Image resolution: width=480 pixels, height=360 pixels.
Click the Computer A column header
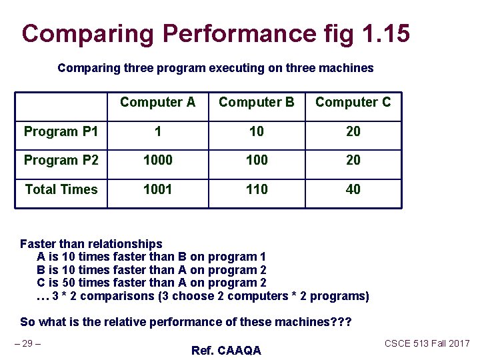click(x=157, y=103)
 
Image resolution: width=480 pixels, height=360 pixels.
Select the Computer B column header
click(x=256, y=103)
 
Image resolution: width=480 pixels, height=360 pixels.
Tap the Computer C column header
click(x=353, y=103)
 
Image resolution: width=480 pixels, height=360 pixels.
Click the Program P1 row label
click(x=61, y=131)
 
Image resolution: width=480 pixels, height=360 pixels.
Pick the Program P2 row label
click(x=61, y=161)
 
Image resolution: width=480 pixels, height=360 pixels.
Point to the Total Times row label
click(x=61, y=190)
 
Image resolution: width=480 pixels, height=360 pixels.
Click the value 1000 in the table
click(x=157, y=161)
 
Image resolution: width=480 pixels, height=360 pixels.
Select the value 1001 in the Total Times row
click(x=157, y=190)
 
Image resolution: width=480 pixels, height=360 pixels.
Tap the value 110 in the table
click(x=256, y=190)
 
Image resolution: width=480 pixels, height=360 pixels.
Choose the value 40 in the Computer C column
click(x=353, y=190)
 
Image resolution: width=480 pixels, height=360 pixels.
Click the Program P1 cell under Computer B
click(x=256, y=132)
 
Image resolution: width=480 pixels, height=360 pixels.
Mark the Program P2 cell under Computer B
click(x=256, y=161)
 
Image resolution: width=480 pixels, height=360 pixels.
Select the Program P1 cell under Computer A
click(x=157, y=132)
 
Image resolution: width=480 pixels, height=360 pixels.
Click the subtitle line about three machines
click(x=215, y=68)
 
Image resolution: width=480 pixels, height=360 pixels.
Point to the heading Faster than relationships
click(x=91, y=244)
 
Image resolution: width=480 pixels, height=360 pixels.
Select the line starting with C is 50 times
click(x=151, y=283)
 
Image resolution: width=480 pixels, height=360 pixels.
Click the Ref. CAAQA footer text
click(x=225, y=351)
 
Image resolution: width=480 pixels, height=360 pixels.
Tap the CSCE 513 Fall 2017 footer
click(x=427, y=343)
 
